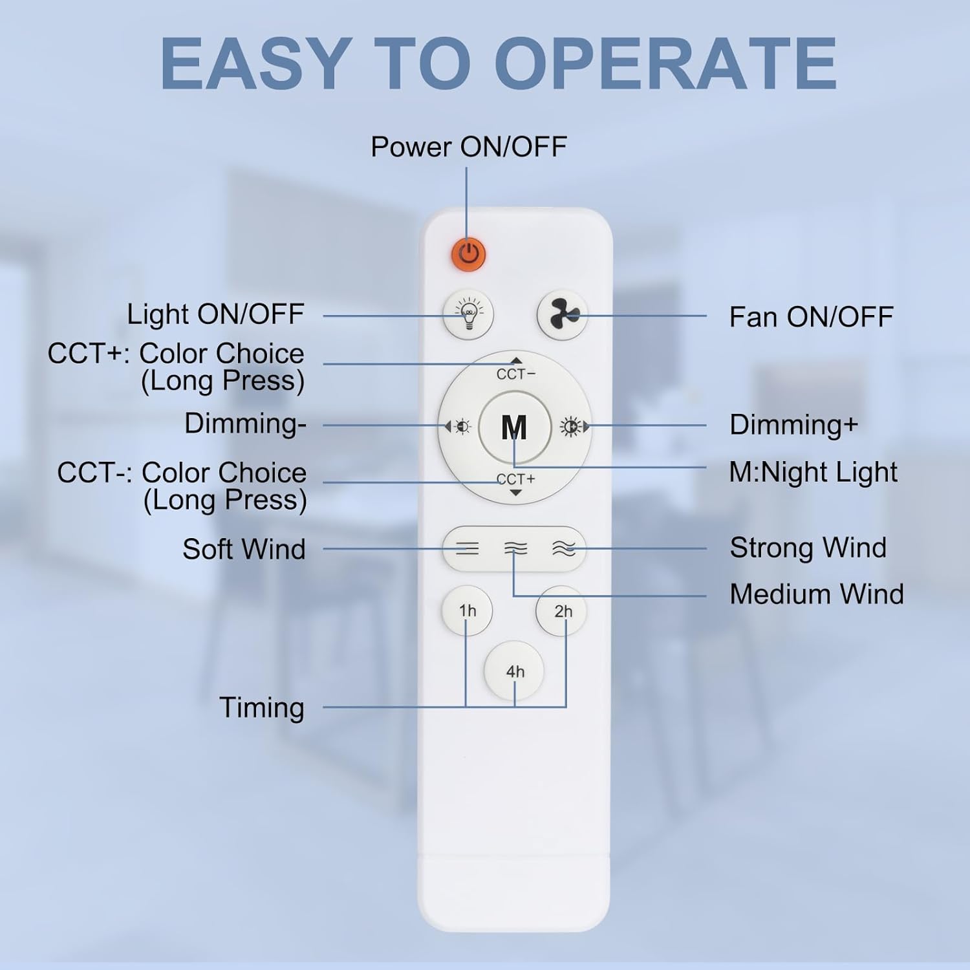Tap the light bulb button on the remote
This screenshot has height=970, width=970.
pos(468,315)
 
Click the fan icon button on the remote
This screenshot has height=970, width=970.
pos(562,315)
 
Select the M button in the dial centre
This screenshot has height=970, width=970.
pos(514,427)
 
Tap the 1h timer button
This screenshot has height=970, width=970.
pos(467,610)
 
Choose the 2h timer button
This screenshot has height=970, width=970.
pos(562,610)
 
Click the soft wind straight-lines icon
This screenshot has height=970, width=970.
pos(468,549)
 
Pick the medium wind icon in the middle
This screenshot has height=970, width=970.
pos(515,549)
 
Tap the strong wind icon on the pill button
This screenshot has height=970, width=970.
pos(563,549)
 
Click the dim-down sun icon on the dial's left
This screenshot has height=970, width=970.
pos(460,427)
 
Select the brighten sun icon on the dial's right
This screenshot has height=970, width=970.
pos(570,427)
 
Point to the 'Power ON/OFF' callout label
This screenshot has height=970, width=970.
pos(468,147)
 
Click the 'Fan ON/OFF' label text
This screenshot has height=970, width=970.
pos(811,317)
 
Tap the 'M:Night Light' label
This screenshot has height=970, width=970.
pos(813,472)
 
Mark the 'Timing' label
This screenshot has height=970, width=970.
pos(262,707)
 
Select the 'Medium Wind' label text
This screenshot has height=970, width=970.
pos(817,594)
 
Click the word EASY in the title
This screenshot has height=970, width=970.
pos(255,63)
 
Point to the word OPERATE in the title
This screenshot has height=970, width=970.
pos(669,63)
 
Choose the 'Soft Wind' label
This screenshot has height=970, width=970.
pos(244,549)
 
